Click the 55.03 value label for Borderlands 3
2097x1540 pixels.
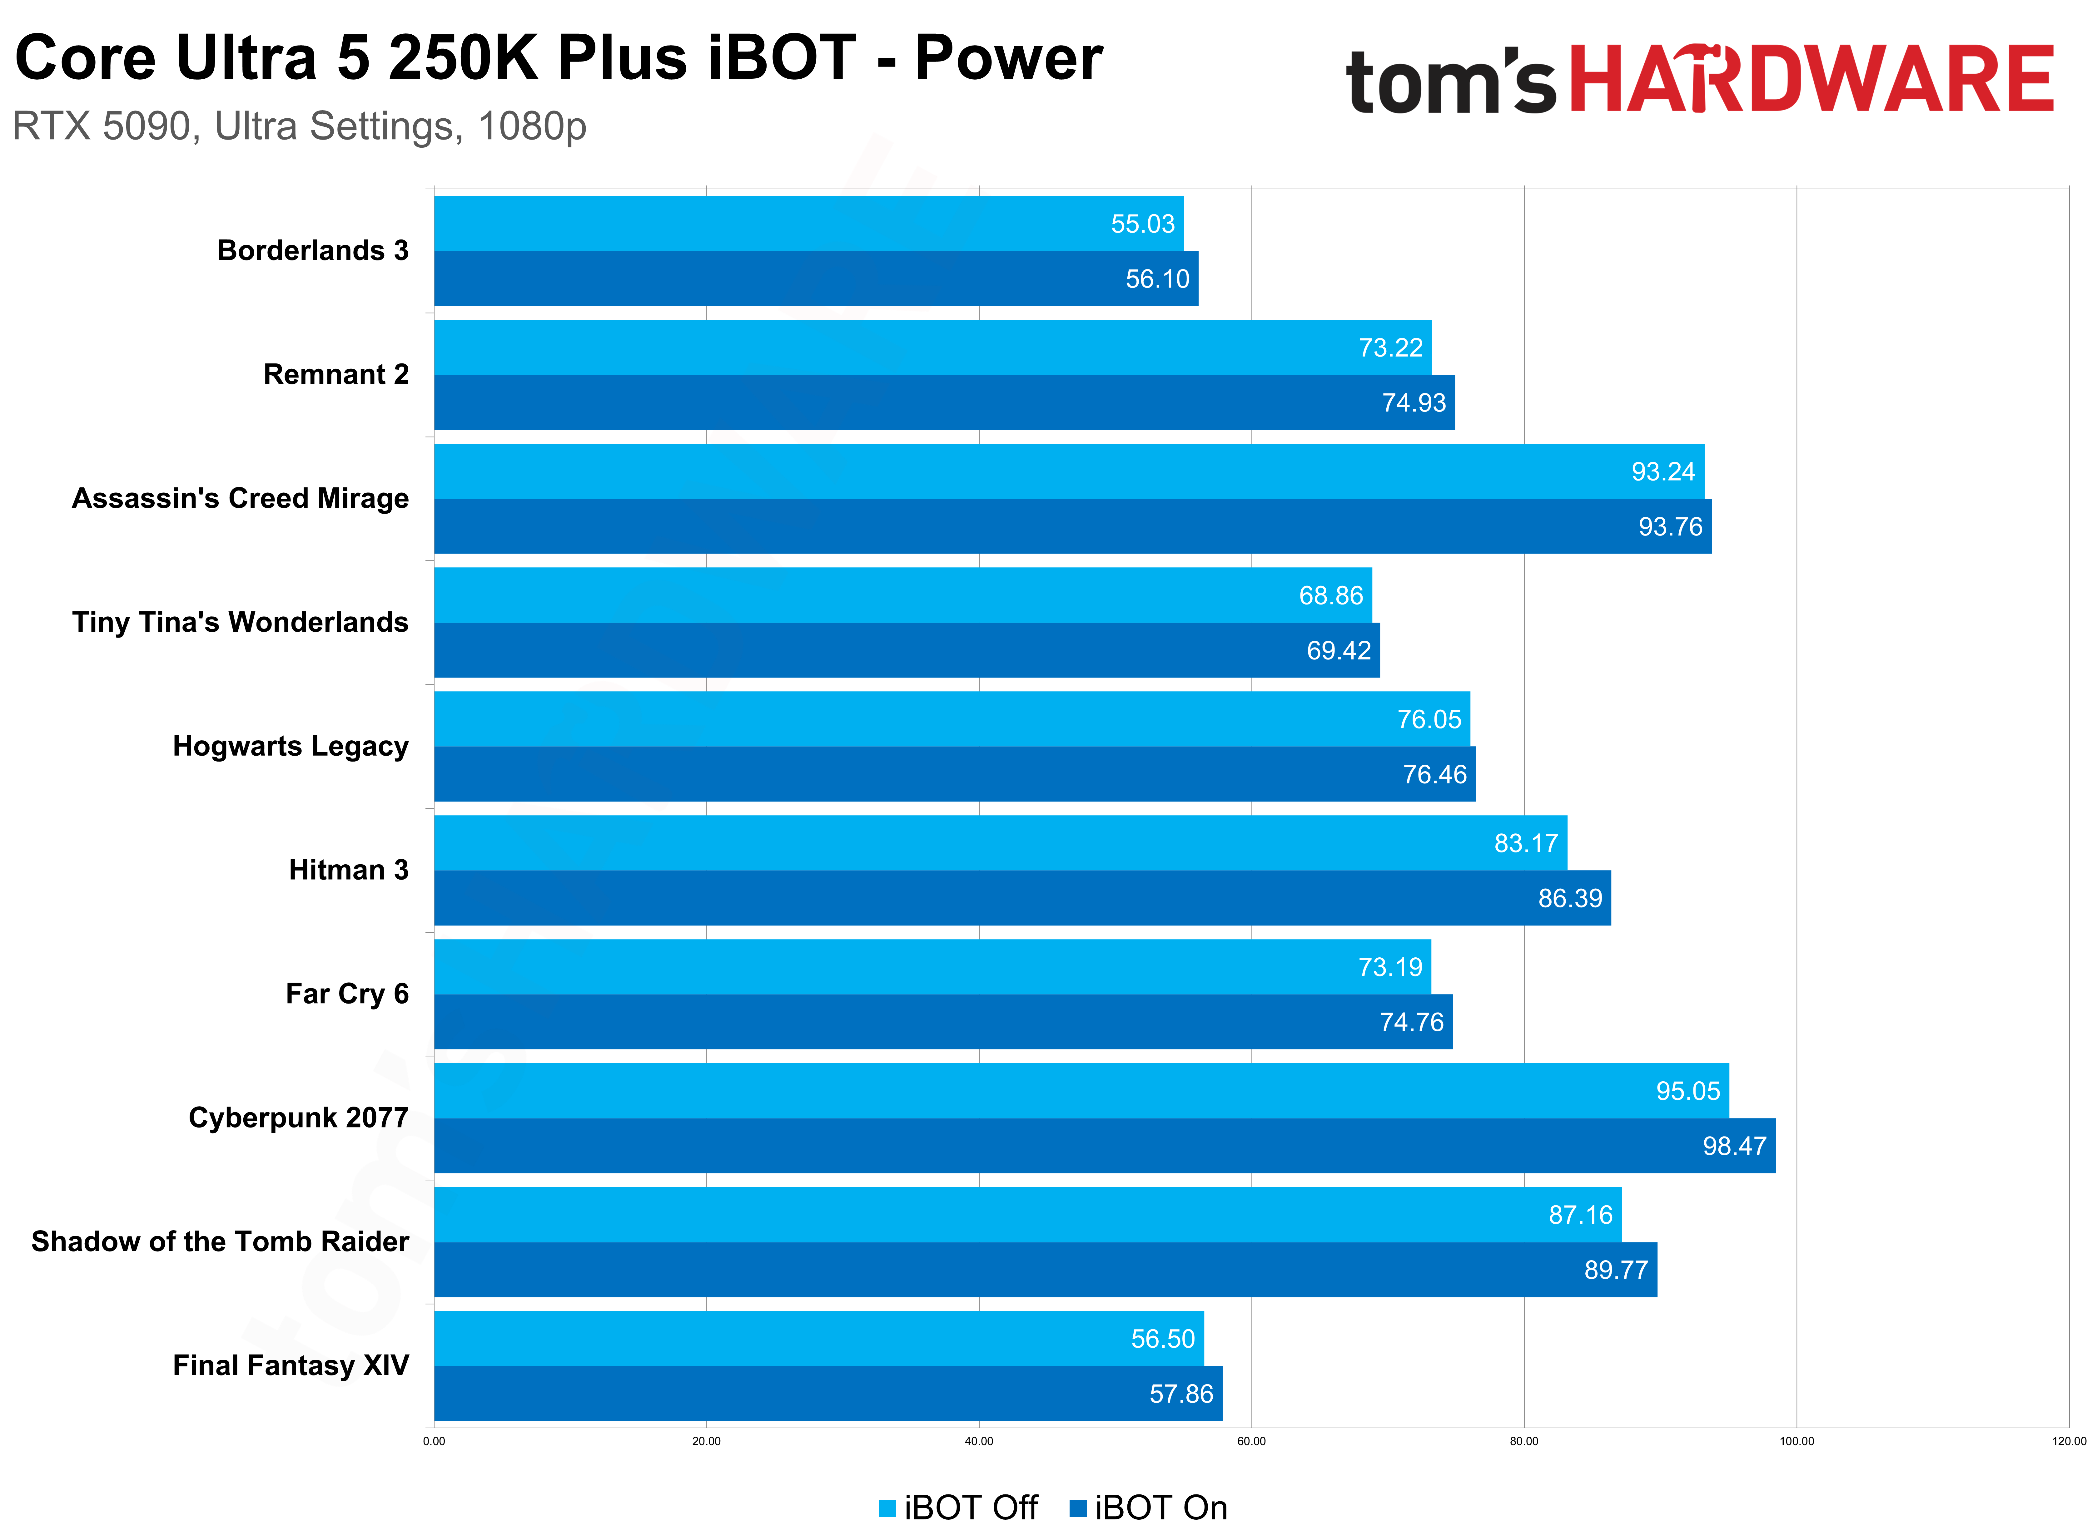pos(1142,224)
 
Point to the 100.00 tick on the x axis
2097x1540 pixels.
pos(1796,1441)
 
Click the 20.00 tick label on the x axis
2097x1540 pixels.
pos(706,1441)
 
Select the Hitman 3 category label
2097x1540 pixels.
pos(349,870)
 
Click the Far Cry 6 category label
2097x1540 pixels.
pos(347,994)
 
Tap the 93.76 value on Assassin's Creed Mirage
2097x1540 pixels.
pos(1670,527)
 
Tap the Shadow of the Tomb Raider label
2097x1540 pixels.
pos(220,1242)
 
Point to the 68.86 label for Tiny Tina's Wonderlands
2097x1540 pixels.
pos(1330,596)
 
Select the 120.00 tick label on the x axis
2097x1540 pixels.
pos(2068,1441)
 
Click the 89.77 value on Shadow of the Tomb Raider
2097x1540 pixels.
pos(1616,1270)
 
